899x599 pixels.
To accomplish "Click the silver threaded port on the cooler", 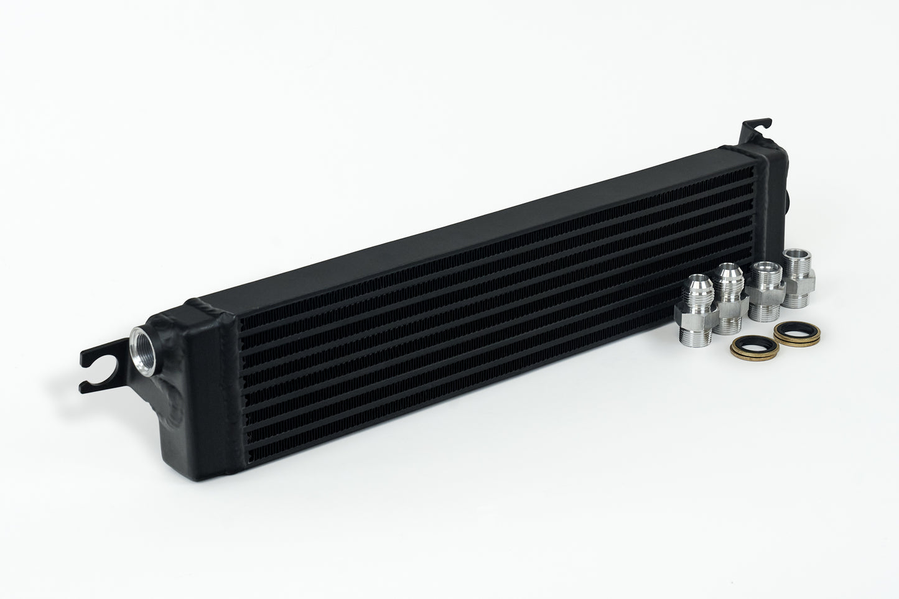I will [140, 345].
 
